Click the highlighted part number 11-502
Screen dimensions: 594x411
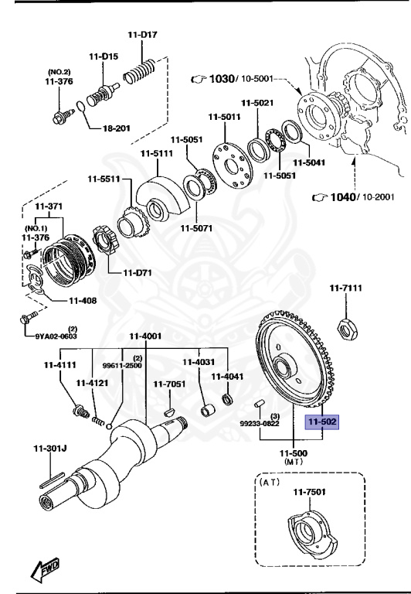coord(323,423)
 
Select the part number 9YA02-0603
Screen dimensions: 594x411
coord(56,336)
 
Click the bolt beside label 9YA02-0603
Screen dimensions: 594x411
coord(26,319)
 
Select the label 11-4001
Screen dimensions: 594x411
coord(145,336)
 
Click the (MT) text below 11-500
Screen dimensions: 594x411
coord(294,462)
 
